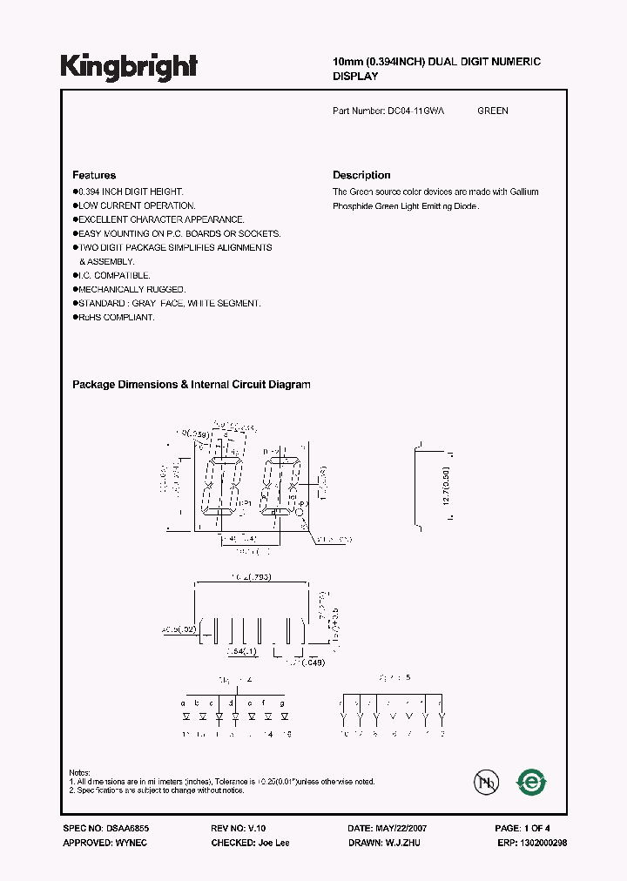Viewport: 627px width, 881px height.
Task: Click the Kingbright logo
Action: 129,66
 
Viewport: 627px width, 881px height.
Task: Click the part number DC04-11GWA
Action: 415,111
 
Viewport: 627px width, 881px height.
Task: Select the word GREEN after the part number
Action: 493,111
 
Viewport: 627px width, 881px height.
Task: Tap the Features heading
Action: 94,175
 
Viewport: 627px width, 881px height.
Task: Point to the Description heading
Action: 361,175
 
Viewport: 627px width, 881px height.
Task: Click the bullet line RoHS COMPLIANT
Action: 116,318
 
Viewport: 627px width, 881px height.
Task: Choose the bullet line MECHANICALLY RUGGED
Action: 131,289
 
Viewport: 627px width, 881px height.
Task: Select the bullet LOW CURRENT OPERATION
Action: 124,205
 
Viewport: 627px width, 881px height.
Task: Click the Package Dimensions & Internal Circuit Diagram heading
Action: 191,385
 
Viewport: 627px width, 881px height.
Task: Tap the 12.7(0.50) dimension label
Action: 445,488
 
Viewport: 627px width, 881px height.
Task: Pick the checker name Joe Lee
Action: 273,843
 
